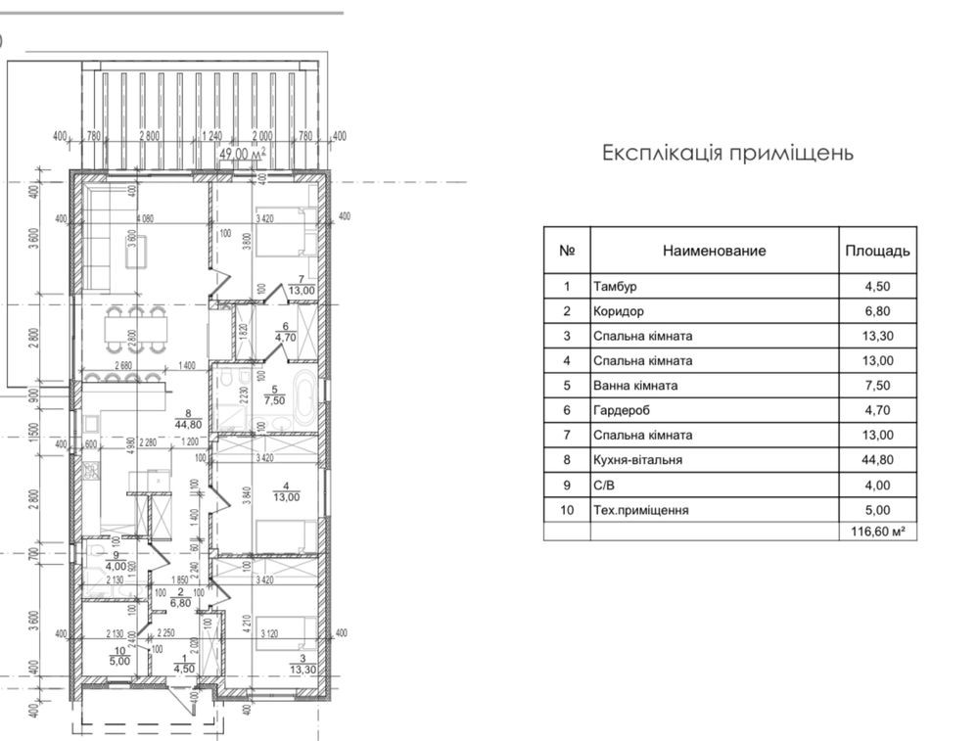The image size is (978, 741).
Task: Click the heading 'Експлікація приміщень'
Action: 727,154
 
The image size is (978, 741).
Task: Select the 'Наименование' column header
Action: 714,251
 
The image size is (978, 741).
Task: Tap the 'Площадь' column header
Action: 877,251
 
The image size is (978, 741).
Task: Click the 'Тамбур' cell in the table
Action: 615,287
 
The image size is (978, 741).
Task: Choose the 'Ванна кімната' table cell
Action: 634,386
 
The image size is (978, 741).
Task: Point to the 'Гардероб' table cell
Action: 622,411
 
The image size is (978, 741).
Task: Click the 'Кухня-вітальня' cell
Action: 637,460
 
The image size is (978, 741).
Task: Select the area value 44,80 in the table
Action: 877,460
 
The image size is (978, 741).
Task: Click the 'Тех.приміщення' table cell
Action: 640,510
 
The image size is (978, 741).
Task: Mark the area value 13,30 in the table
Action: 877,337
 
